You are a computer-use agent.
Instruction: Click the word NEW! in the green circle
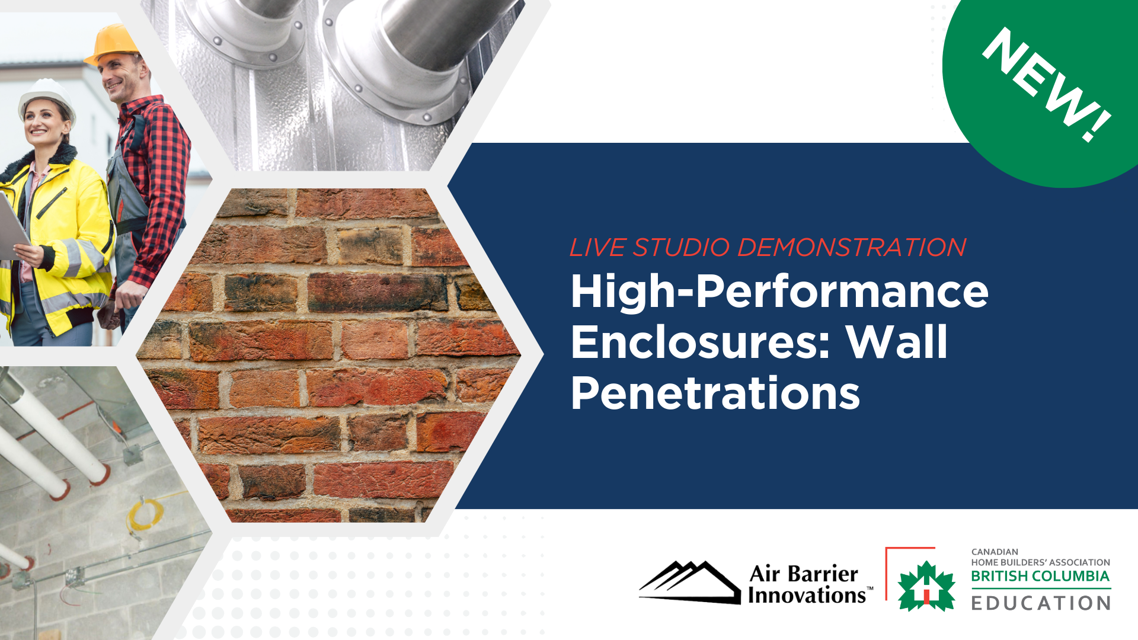pos(1047,85)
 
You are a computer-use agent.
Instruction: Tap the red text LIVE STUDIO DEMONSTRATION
pos(768,247)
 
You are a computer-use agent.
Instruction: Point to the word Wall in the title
pos(897,343)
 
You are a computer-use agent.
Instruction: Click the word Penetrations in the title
pos(715,393)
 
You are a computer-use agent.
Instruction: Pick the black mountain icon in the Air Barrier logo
pos(690,582)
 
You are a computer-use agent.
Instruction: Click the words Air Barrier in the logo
pos(803,574)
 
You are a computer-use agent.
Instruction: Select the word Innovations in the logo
pos(807,595)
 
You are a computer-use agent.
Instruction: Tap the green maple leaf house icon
pos(926,587)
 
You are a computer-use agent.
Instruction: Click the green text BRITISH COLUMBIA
pos(1040,576)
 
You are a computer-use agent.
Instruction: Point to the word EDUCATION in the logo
pos(1041,603)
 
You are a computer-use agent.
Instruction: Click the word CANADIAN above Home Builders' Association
pos(995,552)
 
